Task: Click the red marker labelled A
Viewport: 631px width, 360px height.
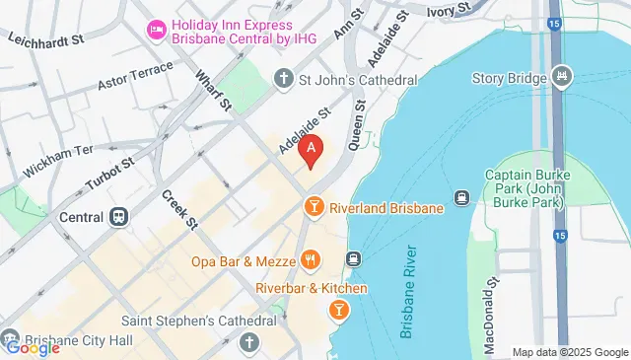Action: click(x=313, y=151)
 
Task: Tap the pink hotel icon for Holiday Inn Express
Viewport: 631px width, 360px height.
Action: click(x=156, y=31)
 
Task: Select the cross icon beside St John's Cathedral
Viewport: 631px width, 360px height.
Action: click(x=283, y=79)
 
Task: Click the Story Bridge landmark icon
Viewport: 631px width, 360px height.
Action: click(x=562, y=74)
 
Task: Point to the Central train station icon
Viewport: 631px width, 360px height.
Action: click(x=118, y=216)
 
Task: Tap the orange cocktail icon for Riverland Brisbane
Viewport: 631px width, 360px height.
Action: click(x=313, y=205)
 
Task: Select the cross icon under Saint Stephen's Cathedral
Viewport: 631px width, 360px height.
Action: click(x=249, y=342)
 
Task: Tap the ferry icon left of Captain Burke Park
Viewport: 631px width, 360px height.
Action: click(x=460, y=197)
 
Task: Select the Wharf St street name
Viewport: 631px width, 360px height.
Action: click(x=213, y=89)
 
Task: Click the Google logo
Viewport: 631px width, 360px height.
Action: click(x=32, y=346)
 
